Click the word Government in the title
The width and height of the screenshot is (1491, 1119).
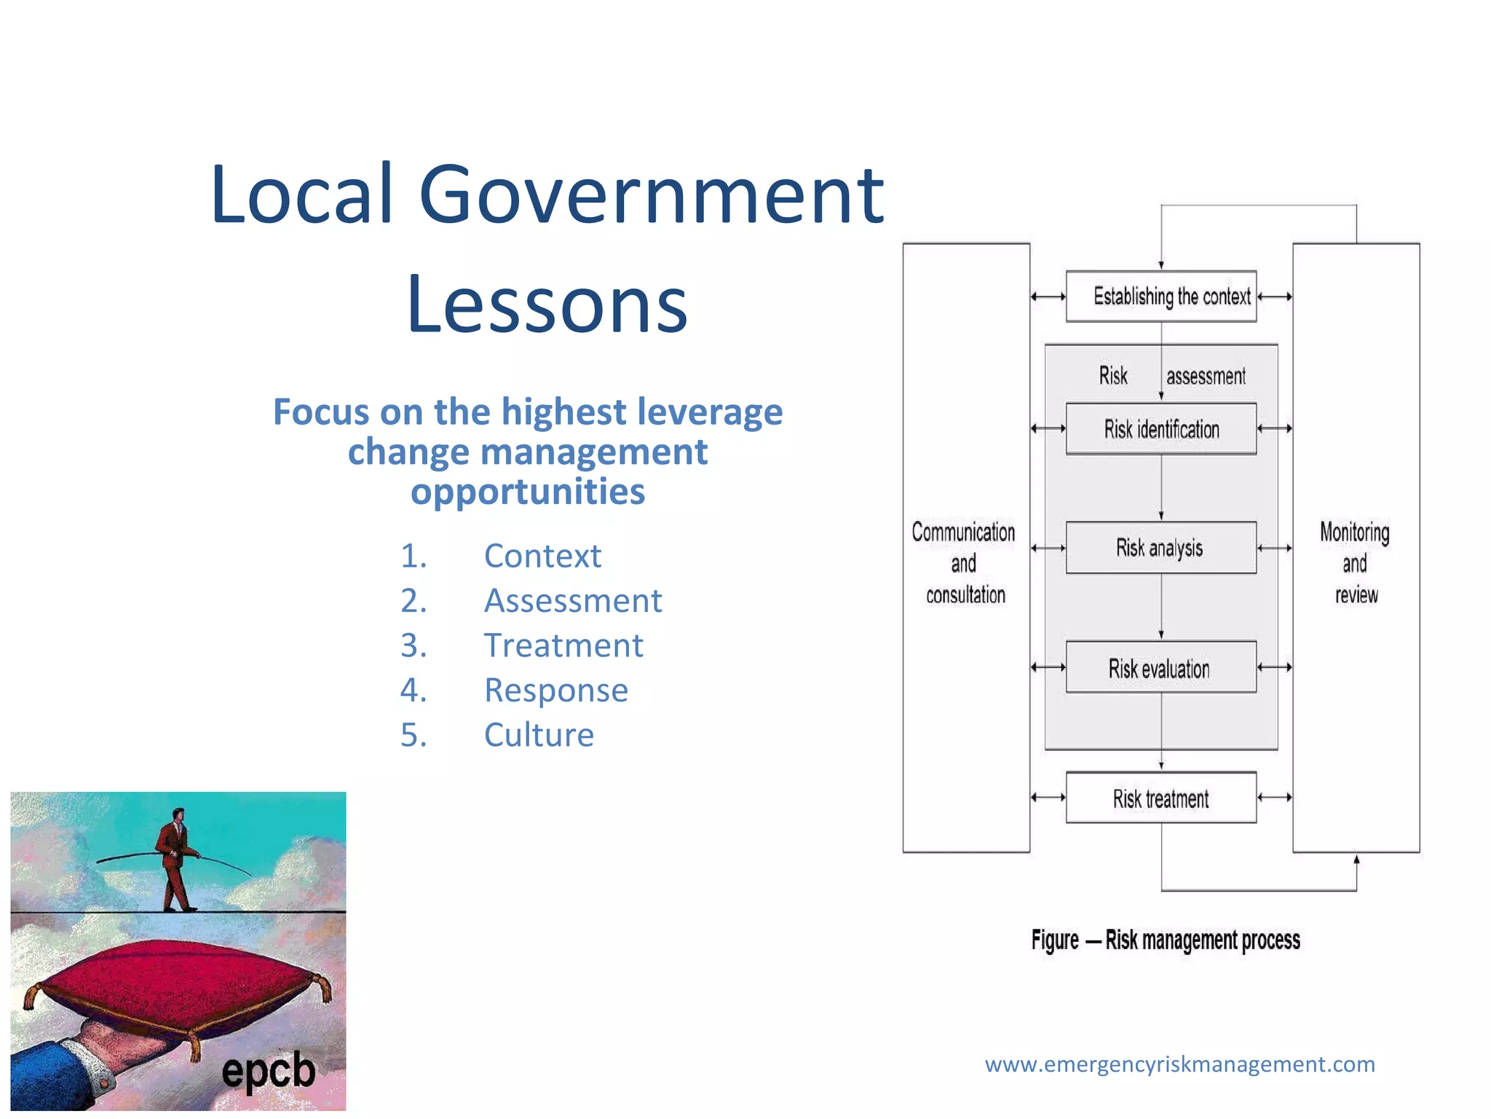(x=652, y=195)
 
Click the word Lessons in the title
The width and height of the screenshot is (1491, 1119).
(x=547, y=304)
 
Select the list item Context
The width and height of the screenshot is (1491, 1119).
(x=542, y=556)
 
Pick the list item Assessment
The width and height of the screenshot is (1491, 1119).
(x=573, y=601)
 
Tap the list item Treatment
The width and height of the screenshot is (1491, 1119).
(x=563, y=645)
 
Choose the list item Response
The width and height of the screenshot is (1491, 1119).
(x=556, y=690)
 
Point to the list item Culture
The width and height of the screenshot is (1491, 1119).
(x=539, y=734)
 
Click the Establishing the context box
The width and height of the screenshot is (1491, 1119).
(x=1160, y=297)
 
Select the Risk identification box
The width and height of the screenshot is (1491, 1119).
(x=1160, y=429)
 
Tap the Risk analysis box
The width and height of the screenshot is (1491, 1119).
(x=1160, y=548)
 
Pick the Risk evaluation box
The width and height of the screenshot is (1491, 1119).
(x=1160, y=667)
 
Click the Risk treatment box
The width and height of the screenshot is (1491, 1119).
(x=1160, y=798)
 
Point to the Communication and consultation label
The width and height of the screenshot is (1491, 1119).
(x=965, y=563)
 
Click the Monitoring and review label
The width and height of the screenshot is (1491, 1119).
(x=1355, y=563)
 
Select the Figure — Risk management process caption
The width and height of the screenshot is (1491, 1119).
(x=1166, y=941)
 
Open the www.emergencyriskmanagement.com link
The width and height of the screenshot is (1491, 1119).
(x=1179, y=1064)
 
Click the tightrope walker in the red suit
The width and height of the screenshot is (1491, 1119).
(x=175, y=860)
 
